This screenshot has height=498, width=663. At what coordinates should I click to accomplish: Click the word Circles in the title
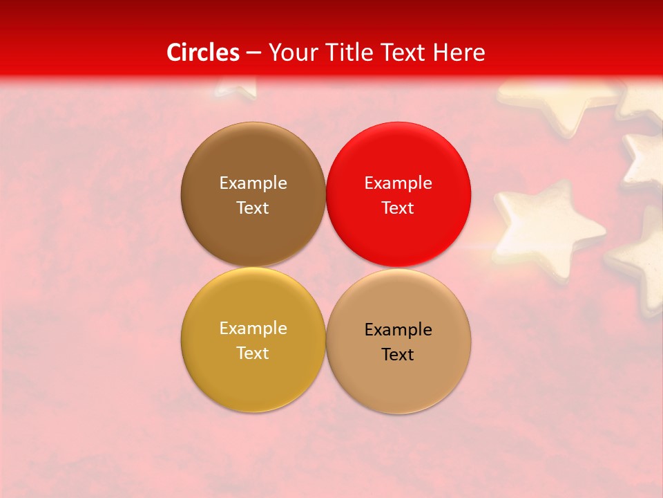click(x=203, y=53)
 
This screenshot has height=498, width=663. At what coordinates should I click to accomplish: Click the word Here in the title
click(x=459, y=53)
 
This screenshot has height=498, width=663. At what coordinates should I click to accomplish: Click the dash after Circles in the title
click(x=253, y=53)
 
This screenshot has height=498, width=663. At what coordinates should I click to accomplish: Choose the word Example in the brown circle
click(x=253, y=183)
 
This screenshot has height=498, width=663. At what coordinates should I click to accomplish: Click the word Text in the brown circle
click(x=253, y=207)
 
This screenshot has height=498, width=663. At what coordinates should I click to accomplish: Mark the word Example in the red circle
click(x=398, y=183)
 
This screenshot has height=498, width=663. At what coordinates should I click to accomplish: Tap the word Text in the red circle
click(x=398, y=207)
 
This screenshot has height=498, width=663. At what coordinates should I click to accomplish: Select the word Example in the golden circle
click(x=253, y=328)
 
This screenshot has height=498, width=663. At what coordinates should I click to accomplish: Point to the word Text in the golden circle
click(x=253, y=353)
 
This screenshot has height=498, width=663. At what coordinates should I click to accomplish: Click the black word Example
click(x=398, y=329)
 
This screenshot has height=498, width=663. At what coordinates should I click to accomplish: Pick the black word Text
click(x=398, y=354)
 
